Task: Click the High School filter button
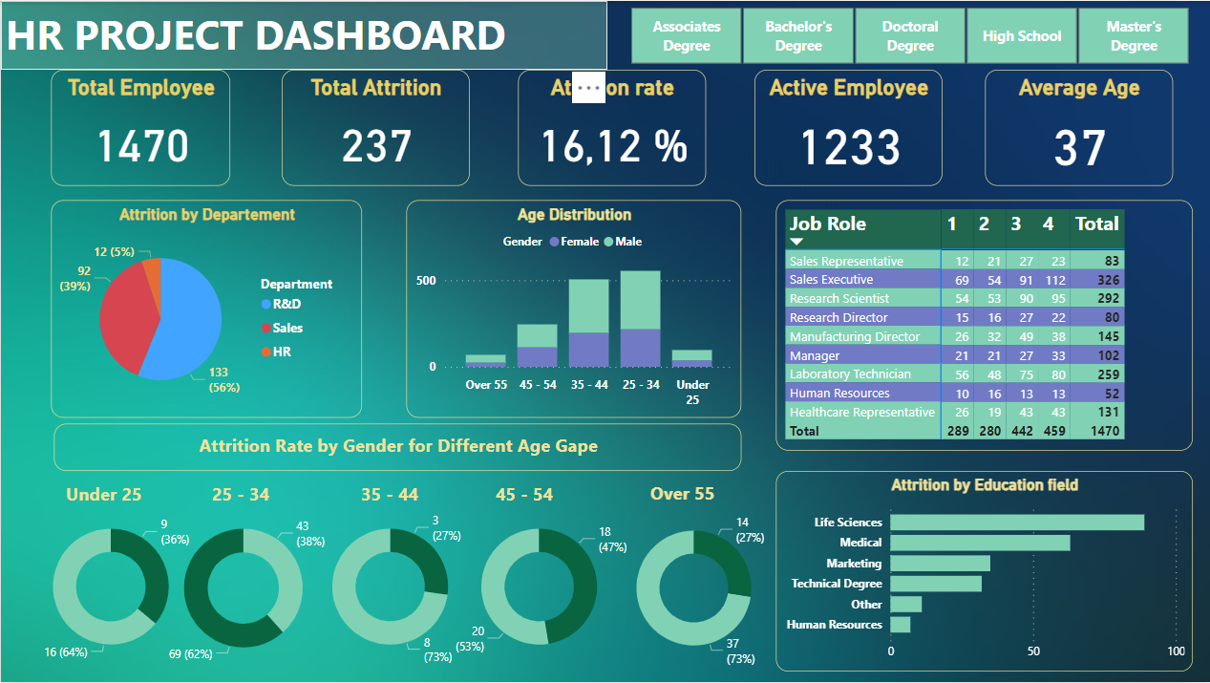pos(1022,36)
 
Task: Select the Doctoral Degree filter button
pos(910,36)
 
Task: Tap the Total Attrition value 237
pos(376,146)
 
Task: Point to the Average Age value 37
pos(1079,148)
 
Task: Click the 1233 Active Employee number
pos(849,148)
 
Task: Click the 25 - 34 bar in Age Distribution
pos(640,318)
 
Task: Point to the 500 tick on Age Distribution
pos(426,281)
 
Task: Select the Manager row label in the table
pos(815,355)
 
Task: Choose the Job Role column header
pos(827,224)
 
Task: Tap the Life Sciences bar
pos(1016,523)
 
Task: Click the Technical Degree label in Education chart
pos(837,584)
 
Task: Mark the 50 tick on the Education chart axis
pos(1033,651)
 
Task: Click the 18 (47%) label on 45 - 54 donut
pos(611,540)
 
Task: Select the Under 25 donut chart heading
pos(104,495)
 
